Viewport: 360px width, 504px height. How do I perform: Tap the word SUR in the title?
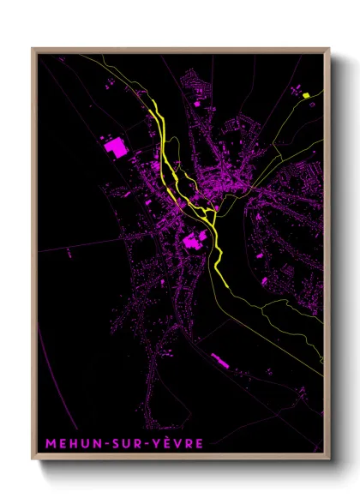(x=121, y=443)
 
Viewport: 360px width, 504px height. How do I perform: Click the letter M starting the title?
(x=46, y=443)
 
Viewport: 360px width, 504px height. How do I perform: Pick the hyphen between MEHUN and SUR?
(x=100, y=444)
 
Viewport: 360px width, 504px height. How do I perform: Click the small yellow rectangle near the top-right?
(x=305, y=95)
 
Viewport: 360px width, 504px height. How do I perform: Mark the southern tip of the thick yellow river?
(x=225, y=286)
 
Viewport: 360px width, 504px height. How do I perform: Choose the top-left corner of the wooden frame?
(x=33, y=48)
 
